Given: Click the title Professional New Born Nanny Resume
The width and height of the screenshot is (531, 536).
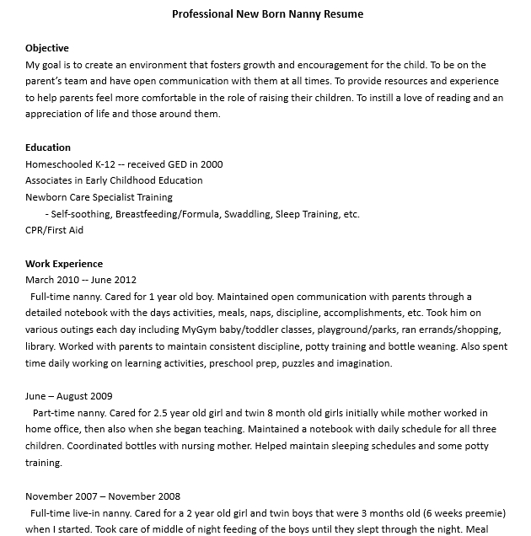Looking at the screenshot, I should tap(267, 14).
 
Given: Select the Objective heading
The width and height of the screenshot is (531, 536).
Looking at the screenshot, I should tap(47, 48).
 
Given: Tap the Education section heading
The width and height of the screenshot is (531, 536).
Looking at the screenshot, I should tap(48, 147).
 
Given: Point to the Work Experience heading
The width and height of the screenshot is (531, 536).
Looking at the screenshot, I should tap(64, 264).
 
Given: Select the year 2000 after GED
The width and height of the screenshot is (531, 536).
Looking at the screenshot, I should tap(212, 164).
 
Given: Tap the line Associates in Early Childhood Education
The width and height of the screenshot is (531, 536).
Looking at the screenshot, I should tap(114, 180).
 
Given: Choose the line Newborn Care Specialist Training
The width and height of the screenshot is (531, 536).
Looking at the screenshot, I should tap(99, 197).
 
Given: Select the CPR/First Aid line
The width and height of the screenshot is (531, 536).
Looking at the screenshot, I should tap(54, 230).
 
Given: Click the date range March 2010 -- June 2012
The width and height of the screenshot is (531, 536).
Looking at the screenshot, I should tap(81, 280).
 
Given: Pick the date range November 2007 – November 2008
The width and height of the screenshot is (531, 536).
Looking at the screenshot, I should tap(103, 496).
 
